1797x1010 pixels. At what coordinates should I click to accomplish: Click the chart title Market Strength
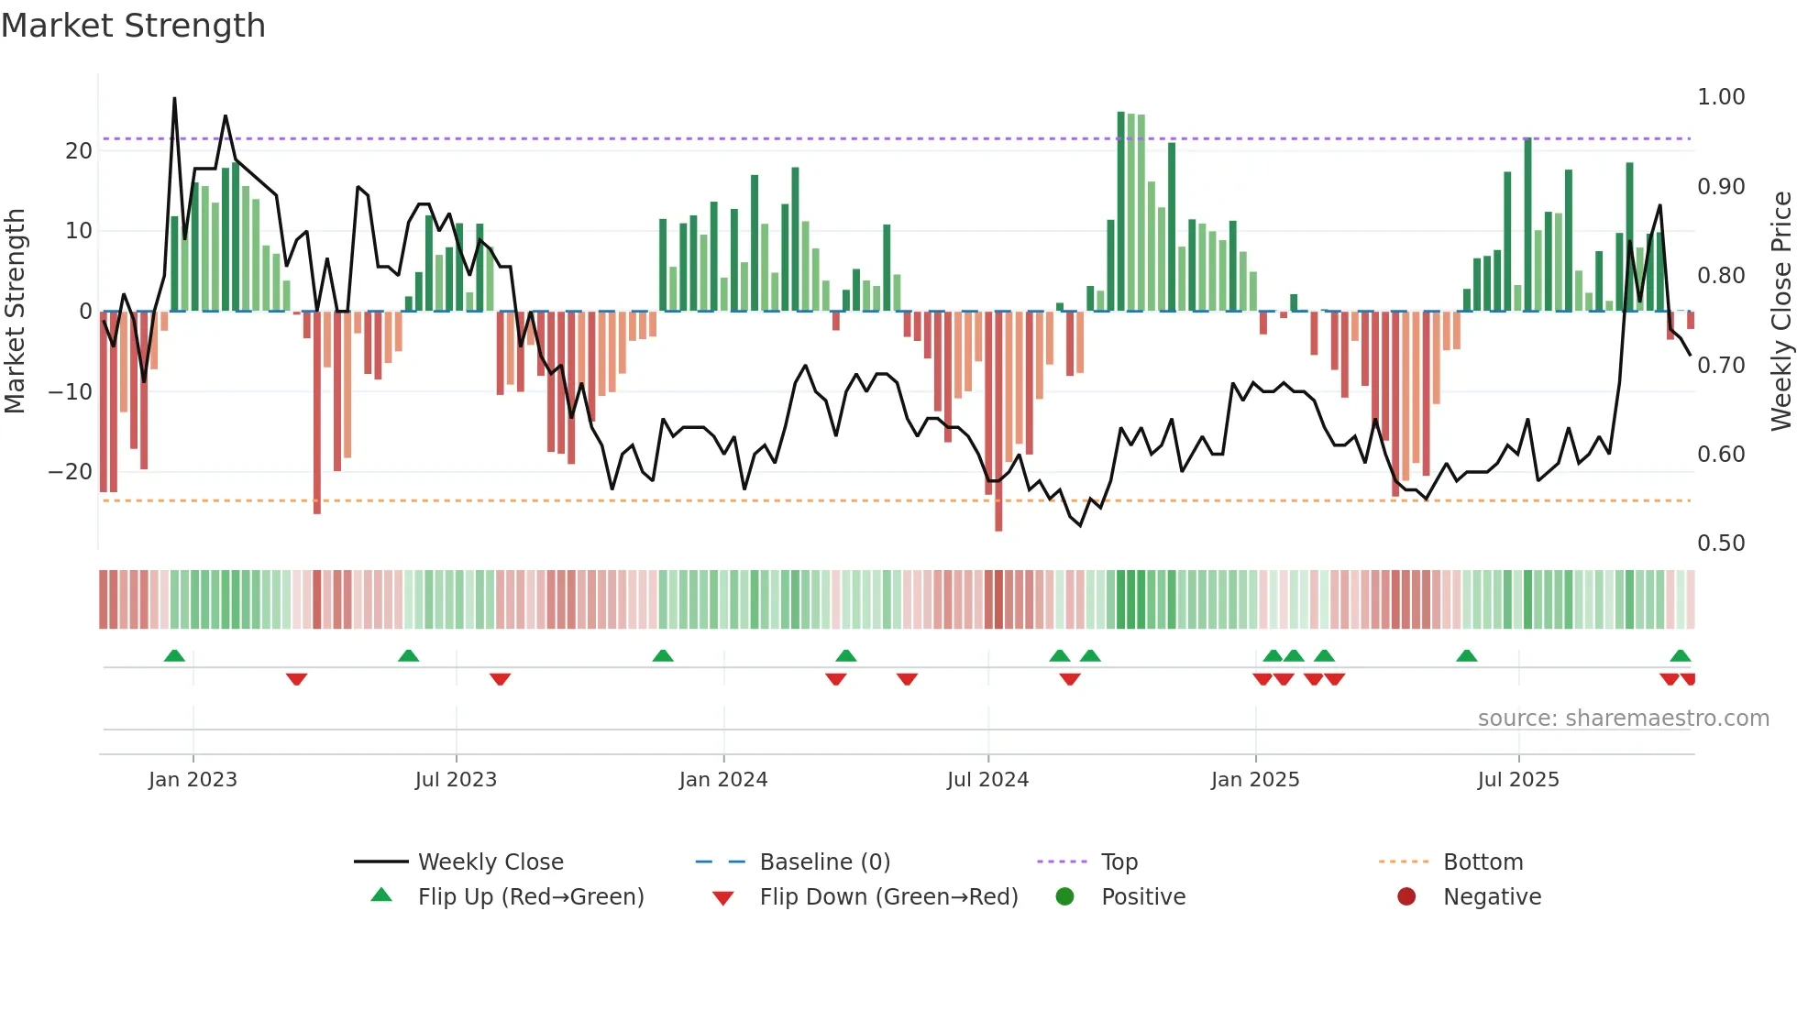pyautogui.click(x=133, y=26)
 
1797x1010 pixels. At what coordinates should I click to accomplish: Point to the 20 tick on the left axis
pyautogui.click(x=79, y=150)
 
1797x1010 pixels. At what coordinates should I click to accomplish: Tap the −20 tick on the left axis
pyautogui.click(x=70, y=472)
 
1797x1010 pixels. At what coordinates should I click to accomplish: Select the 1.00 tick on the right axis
pyautogui.click(x=1720, y=97)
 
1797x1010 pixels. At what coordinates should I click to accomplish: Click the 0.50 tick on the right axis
pyautogui.click(x=1720, y=543)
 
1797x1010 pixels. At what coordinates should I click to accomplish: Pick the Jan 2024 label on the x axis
pyautogui.click(x=722, y=780)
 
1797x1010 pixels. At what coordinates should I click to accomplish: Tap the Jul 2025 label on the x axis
pyautogui.click(x=1517, y=780)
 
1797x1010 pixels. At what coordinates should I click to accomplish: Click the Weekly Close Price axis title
pyautogui.click(x=1780, y=311)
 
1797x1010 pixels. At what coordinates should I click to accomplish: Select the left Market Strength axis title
pyautogui.click(x=15, y=311)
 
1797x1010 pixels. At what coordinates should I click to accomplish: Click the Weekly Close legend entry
pyautogui.click(x=491, y=862)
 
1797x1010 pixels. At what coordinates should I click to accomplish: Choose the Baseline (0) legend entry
pyautogui.click(x=824, y=862)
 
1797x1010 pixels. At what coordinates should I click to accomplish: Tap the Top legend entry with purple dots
pyautogui.click(x=1119, y=862)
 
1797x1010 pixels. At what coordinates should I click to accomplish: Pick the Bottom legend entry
pyautogui.click(x=1483, y=862)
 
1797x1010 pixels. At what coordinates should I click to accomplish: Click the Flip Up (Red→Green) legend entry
pyautogui.click(x=530, y=897)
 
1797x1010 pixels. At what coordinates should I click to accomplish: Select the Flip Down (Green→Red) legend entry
pyautogui.click(x=887, y=897)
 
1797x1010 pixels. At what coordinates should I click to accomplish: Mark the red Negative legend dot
pyautogui.click(x=1406, y=897)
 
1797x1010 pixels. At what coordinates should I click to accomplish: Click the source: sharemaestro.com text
pyautogui.click(x=1623, y=719)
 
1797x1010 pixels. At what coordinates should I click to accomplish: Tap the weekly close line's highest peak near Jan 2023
pyautogui.click(x=174, y=99)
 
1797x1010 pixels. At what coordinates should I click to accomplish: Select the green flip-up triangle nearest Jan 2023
pyautogui.click(x=174, y=655)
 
